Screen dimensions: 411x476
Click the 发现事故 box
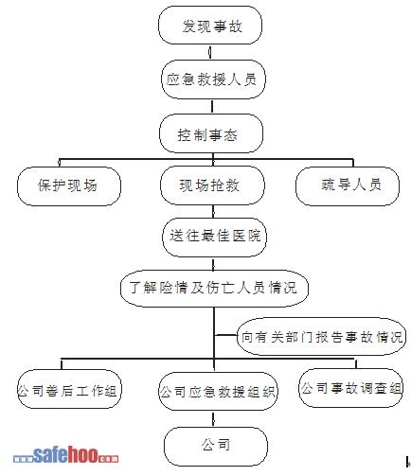(210, 26)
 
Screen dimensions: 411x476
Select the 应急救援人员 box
(213, 79)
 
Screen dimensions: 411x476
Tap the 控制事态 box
(211, 133)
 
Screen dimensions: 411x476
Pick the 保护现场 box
(69, 186)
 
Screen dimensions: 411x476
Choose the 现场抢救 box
(212, 185)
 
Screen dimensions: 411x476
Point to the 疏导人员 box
(348, 185)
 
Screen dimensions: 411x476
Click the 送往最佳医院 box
(214, 237)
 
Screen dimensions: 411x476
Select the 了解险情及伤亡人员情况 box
(214, 289)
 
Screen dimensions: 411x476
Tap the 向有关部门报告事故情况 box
(321, 336)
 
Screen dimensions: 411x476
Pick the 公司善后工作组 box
(69, 389)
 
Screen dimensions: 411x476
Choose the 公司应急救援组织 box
(218, 391)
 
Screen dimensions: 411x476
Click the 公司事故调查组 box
(350, 388)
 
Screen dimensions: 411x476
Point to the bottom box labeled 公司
(216, 447)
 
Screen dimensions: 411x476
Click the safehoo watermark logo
(66, 454)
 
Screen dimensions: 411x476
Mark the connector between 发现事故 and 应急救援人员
(210, 52)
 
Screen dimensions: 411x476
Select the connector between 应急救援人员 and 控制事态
(212, 107)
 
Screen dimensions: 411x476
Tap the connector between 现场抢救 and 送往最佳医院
(213, 211)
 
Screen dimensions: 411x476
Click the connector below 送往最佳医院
(214, 263)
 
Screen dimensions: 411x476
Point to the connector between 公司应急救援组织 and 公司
(214, 419)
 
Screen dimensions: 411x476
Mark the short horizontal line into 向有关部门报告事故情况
(225, 335)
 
